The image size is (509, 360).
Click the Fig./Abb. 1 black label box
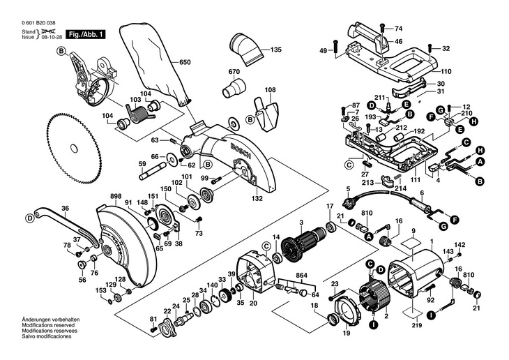[85, 34]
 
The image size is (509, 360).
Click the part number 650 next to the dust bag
[185, 63]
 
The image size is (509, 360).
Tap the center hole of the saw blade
[75, 149]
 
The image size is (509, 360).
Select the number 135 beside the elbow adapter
[276, 50]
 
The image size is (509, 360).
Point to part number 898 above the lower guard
[116, 196]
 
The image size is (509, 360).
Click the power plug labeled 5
[349, 203]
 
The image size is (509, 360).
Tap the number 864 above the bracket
[302, 275]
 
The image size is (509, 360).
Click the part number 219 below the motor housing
[417, 325]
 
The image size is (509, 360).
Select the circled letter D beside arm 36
[30, 218]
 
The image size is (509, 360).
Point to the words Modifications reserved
[48, 325]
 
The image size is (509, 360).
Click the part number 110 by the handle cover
[446, 71]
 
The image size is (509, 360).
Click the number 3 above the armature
[302, 223]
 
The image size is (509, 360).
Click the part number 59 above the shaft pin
[142, 164]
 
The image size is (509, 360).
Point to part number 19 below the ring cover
[347, 333]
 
